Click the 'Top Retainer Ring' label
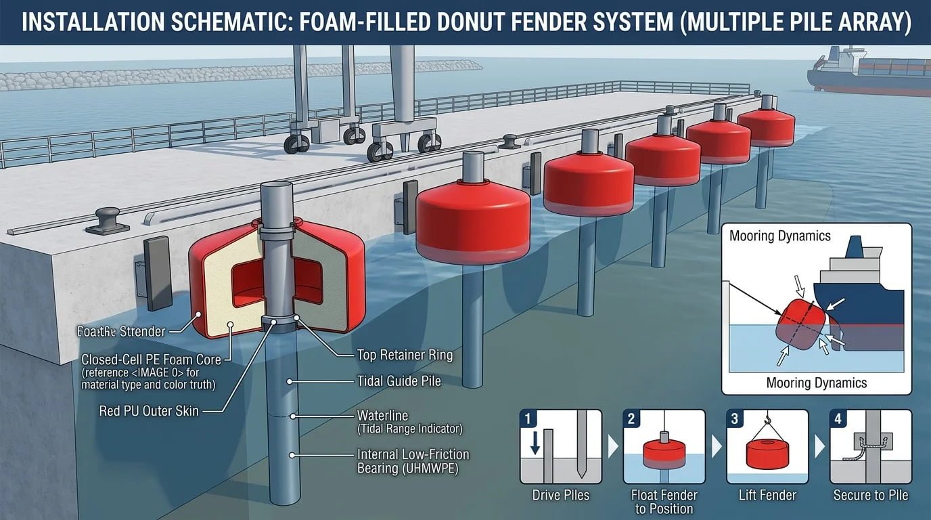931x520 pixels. point(404,355)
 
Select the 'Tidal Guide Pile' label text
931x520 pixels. point(399,381)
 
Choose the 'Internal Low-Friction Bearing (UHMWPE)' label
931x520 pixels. point(413,454)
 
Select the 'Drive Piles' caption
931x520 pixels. point(560,495)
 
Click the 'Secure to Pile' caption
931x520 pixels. point(871,495)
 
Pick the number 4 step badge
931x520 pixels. point(838,418)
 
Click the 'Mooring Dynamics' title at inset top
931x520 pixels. point(779,236)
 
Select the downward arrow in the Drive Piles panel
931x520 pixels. point(535,444)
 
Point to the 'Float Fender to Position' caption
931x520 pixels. point(664,502)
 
